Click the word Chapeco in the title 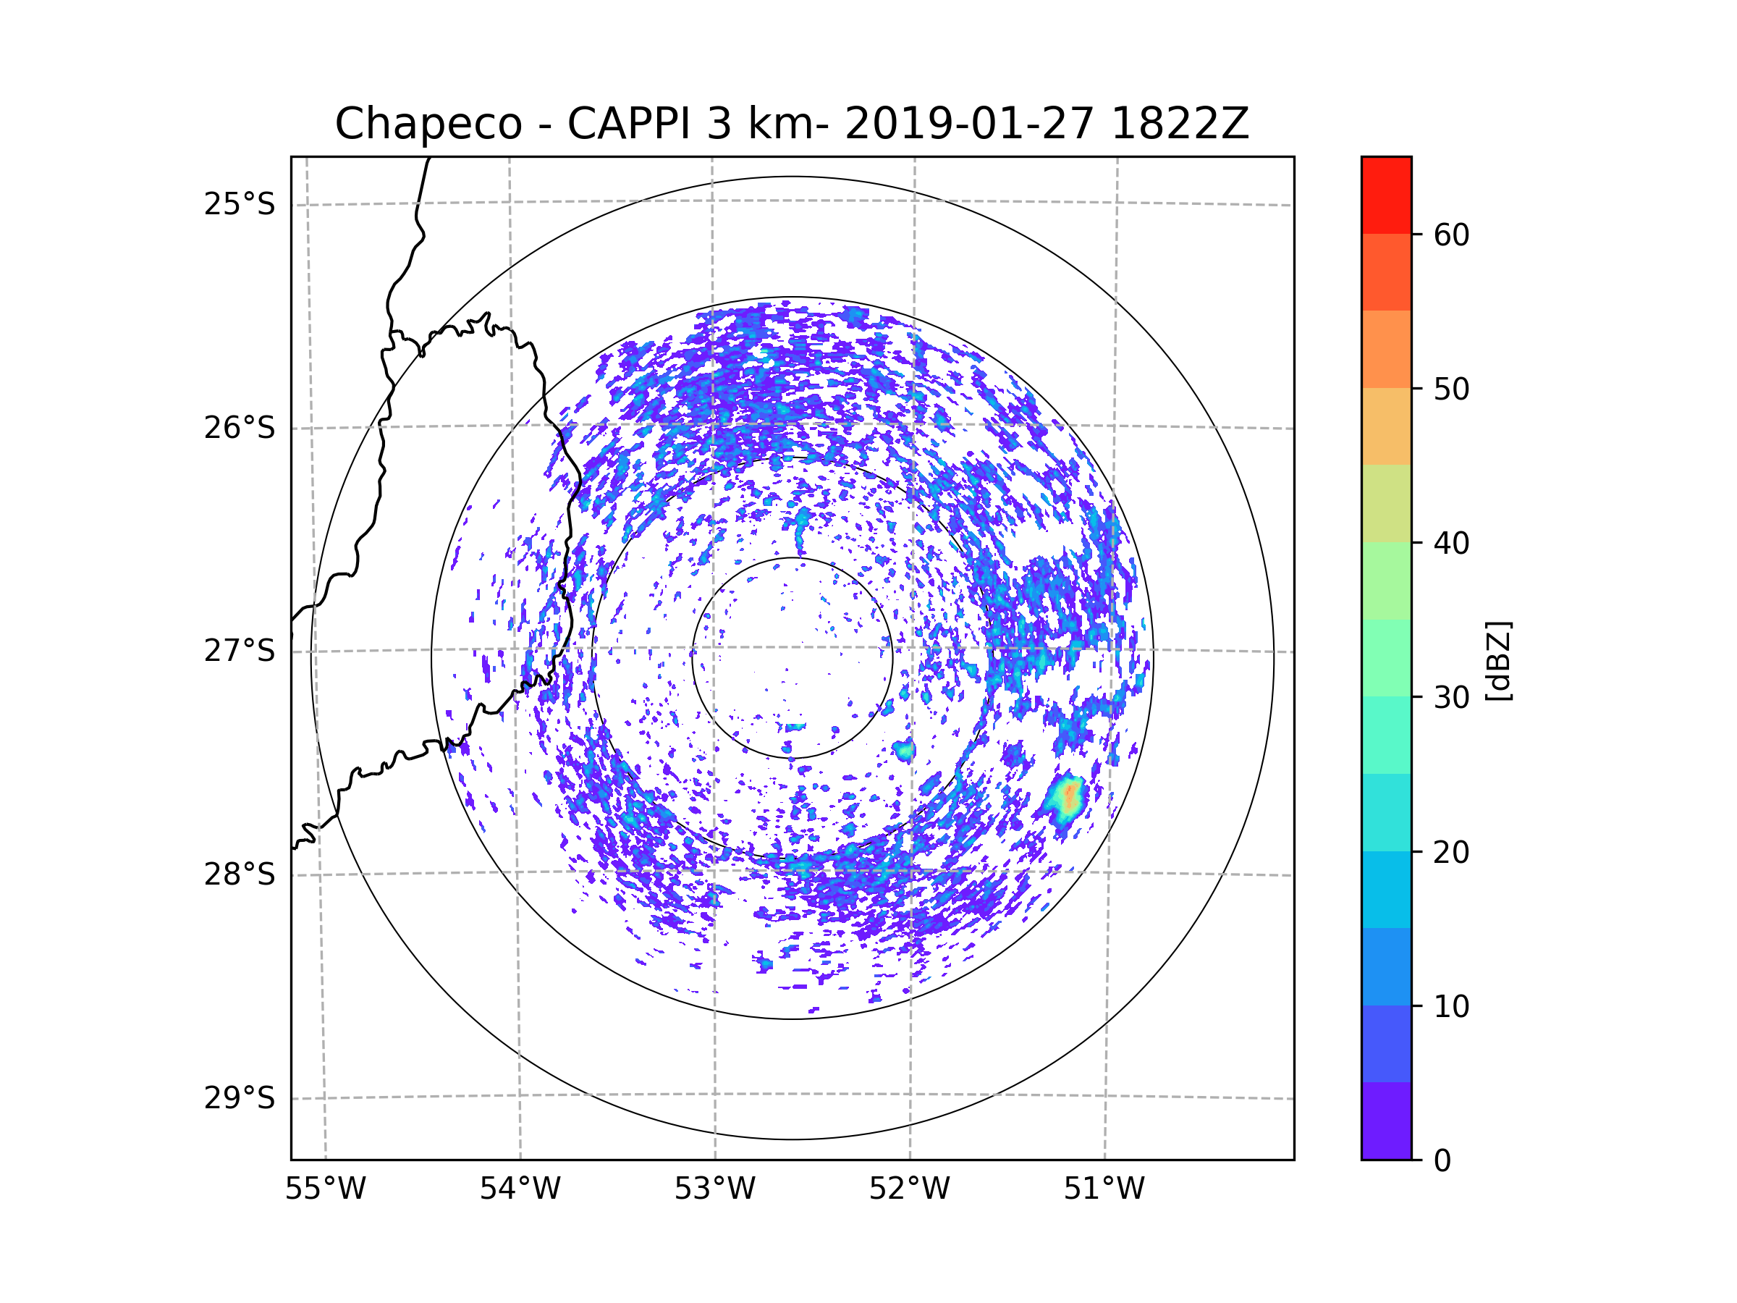(428, 124)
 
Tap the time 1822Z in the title (1180, 124)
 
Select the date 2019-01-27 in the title (969, 124)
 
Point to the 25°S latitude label (240, 204)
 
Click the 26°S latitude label (240, 428)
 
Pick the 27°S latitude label (240, 651)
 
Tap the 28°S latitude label (240, 874)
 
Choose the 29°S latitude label (240, 1098)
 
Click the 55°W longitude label (325, 1189)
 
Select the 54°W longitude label (520, 1189)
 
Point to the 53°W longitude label (714, 1189)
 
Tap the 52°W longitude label (909, 1189)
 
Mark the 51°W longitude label (1104, 1189)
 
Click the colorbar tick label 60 (1451, 235)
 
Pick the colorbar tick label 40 (1451, 544)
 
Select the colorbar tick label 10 (1451, 1006)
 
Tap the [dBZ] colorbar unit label (1498, 662)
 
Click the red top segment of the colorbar (1386, 195)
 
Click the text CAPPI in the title (629, 124)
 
